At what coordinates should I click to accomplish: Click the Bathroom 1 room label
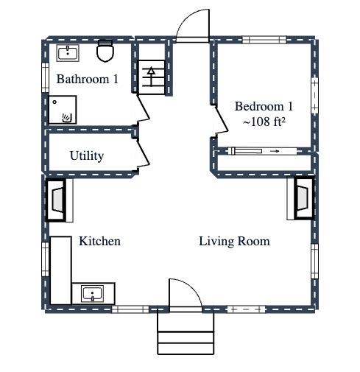[x=87, y=79]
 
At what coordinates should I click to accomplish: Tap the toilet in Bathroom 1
[x=105, y=52]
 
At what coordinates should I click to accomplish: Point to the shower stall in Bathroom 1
[x=62, y=109]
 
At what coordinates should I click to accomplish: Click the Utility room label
[x=86, y=155]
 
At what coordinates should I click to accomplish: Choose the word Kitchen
[x=99, y=241]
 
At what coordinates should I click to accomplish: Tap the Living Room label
[x=234, y=241]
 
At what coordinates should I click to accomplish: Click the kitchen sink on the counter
[x=92, y=294]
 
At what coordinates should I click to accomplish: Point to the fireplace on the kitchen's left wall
[x=57, y=200]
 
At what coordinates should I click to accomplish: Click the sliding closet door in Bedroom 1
[x=263, y=151]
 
